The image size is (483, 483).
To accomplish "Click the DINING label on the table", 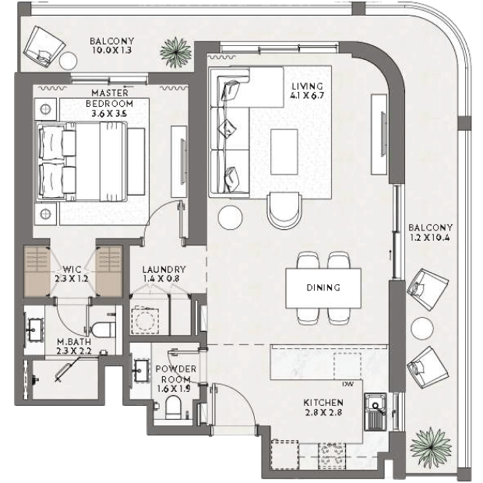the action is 323,287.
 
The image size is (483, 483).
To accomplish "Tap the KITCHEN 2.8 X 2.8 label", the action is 323,407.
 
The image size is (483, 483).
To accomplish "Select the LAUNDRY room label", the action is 164,274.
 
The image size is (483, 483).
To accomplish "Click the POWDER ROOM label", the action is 175,379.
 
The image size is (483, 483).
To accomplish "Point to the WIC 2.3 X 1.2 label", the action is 72,274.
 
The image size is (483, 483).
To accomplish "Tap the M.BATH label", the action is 74,346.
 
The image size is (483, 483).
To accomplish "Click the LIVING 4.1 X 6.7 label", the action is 307,90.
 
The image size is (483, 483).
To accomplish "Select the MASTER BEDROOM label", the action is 109,103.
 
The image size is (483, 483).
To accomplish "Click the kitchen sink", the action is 375,411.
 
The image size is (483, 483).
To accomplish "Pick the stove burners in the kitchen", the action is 331,456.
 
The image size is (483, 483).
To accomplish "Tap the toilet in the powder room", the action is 173,407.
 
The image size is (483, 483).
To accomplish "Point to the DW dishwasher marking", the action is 347,384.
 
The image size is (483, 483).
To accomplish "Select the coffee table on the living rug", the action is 284,152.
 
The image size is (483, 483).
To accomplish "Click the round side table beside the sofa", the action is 230,217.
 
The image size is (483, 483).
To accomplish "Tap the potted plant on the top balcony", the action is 175,52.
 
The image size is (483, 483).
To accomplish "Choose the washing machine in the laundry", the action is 145,320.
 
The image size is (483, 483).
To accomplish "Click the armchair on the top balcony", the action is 45,46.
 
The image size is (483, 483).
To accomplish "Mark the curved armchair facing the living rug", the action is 284,210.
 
